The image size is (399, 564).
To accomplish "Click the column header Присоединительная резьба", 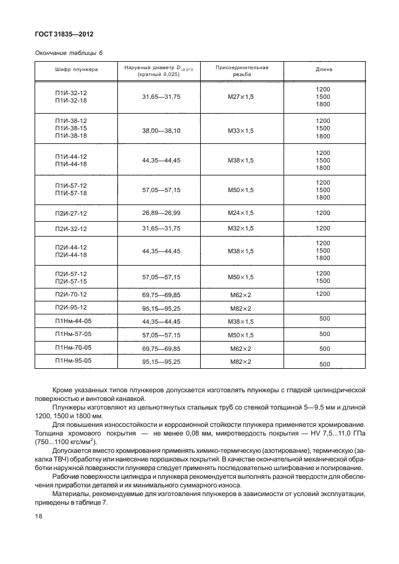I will [241, 70].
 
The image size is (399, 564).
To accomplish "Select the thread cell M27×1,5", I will [241, 97].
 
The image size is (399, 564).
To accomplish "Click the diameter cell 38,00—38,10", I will [161, 131].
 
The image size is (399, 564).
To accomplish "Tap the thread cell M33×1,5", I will [241, 131].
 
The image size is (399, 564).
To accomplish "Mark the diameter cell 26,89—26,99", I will [161, 213].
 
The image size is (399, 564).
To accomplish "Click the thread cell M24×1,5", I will [241, 213].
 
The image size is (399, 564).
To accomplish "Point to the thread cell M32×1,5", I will [241, 229].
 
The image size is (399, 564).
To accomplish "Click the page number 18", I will [37, 529].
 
